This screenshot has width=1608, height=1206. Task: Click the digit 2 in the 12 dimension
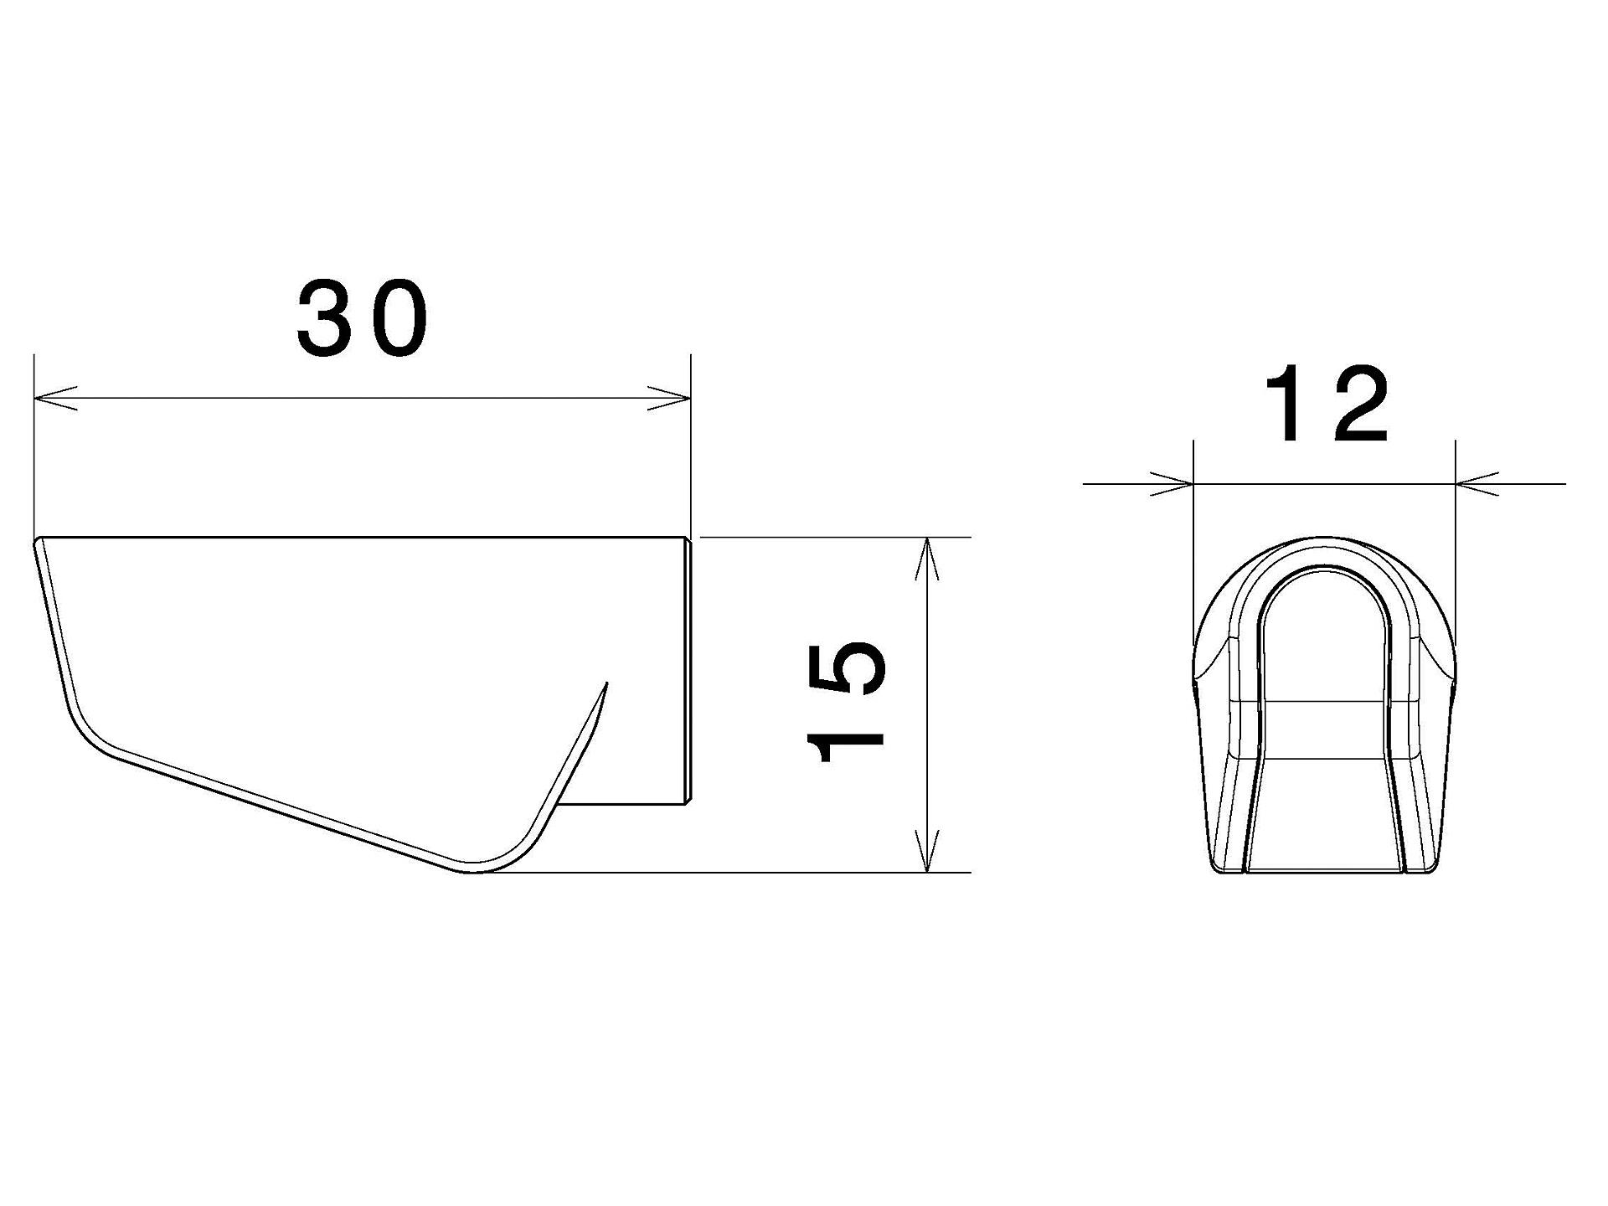coord(1357,405)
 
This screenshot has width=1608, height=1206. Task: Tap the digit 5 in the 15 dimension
coord(844,670)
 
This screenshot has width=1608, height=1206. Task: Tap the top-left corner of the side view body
coord(38,541)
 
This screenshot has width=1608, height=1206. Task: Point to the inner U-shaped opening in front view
coord(1324,670)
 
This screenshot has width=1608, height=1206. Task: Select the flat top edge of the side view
coord(360,537)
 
